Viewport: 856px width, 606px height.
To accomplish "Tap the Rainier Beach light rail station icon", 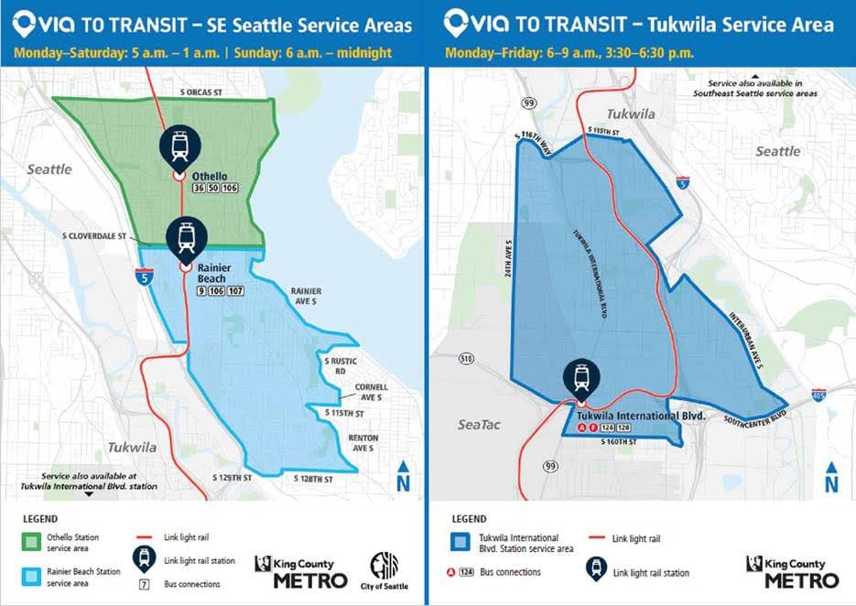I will point(186,237).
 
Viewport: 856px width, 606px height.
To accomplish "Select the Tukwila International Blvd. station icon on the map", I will point(580,376).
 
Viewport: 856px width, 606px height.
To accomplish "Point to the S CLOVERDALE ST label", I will point(93,235).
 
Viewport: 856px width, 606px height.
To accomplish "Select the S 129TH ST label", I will point(232,479).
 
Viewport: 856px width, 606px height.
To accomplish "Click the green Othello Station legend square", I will point(33,544).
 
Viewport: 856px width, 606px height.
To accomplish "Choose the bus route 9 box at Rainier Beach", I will point(201,291).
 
